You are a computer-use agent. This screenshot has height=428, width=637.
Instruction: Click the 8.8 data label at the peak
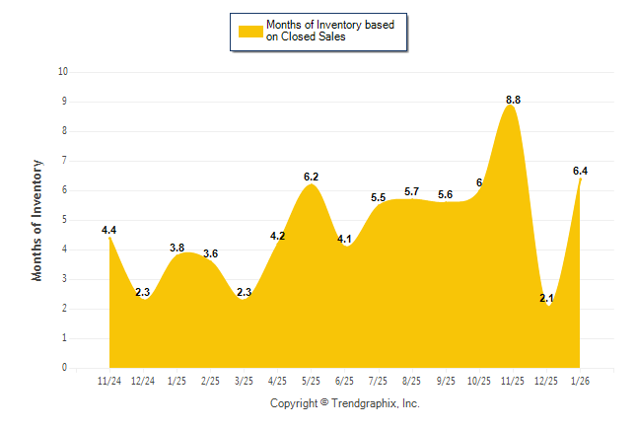click(x=513, y=100)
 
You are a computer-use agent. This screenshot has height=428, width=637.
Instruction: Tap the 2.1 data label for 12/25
click(x=546, y=298)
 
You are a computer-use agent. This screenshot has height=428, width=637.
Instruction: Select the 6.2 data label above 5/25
click(x=311, y=177)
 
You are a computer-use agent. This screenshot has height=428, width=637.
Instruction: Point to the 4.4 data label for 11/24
click(x=108, y=230)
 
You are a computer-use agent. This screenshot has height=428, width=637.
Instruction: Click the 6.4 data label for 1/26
click(x=580, y=171)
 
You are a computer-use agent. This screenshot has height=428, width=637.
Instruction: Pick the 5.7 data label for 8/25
click(x=412, y=191)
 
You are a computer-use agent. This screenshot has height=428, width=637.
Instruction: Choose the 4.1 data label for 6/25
click(x=345, y=238)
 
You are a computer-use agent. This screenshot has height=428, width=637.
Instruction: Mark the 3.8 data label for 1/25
click(x=177, y=248)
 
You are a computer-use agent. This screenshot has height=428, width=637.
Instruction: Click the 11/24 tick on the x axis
click(x=109, y=380)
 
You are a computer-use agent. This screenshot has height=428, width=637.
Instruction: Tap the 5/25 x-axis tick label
click(x=311, y=380)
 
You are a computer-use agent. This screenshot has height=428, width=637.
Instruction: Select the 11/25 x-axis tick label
click(x=513, y=380)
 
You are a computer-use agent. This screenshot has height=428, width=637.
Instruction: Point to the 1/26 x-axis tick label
click(x=580, y=380)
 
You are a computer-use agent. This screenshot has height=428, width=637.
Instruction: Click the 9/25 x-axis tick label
click(x=446, y=380)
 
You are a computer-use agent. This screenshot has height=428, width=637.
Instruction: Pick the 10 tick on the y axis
click(x=63, y=72)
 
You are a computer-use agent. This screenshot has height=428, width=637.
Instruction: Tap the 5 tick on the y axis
click(x=65, y=220)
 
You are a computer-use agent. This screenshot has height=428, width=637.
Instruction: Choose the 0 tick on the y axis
click(x=65, y=368)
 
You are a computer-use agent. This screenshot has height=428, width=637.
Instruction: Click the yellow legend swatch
click(x=250, y=32)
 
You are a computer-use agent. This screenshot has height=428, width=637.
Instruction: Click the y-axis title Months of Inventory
click(x=37, y=220)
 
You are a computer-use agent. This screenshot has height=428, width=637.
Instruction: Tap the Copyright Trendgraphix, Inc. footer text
click(x=345, y=404)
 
